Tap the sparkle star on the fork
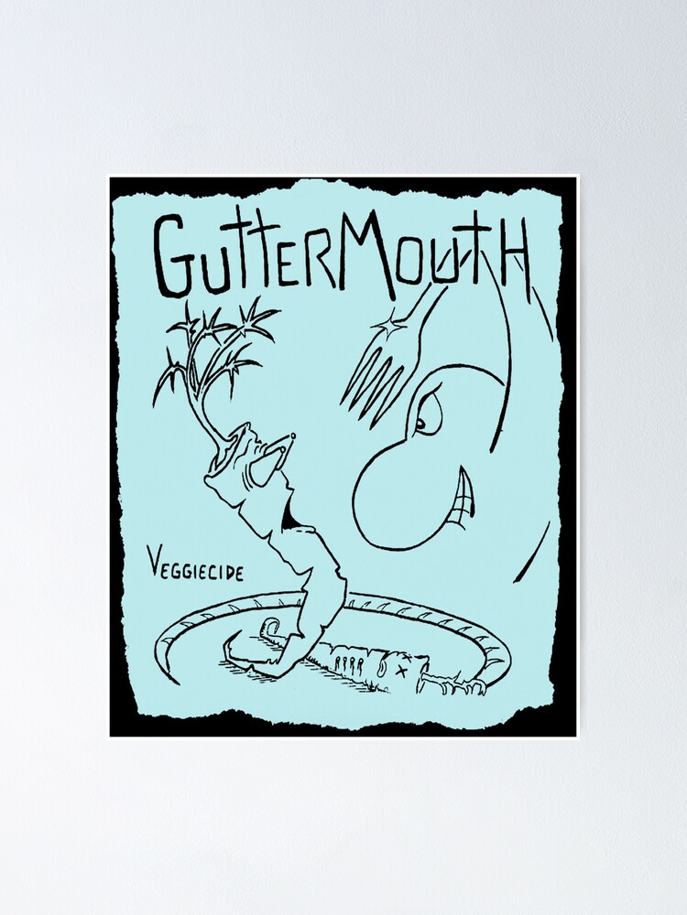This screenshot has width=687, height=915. [x=395, y=322]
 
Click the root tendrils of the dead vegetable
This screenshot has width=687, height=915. [x=458, y=681]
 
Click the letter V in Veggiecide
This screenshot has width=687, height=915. [x=151, y=560]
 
